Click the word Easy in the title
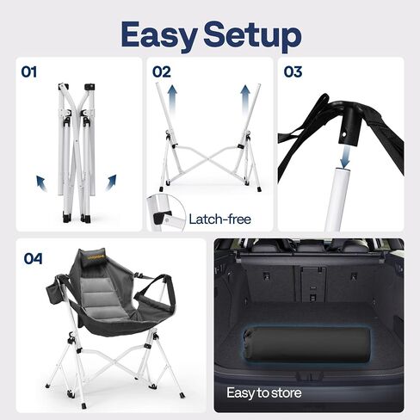(x=159, y=36)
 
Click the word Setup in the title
(x=252, y=36)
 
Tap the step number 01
(x=29, y=71)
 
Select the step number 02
(x=162, y=71)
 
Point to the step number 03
(x=293, y=71)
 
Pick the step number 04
(x=34, y=258)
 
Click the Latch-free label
(x=220, y=219)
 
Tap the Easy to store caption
(x=264, y=392)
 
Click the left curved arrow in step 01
(x=41, y=183)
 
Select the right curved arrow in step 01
(x=111, y=182)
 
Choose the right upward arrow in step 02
(x=245, y=100)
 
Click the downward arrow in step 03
(x=344, y=157)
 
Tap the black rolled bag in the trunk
(x=306, y=344)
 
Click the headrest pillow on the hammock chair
(x=91, y=256)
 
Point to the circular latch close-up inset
(x=166, y=213)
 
